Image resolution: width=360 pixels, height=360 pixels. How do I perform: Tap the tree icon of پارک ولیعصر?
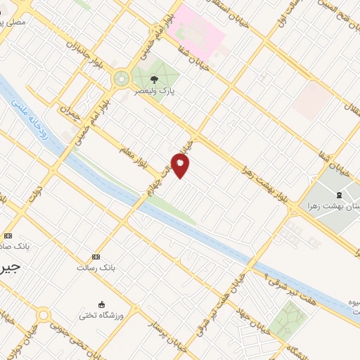coord(154,79)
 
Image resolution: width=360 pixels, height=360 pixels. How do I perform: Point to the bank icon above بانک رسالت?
coord(96,257)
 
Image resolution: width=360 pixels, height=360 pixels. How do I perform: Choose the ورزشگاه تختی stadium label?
coord(101,316)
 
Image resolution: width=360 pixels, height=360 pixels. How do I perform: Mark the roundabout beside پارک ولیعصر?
coord(122,77)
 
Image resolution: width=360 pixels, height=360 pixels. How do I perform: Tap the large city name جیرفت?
coord(10,268)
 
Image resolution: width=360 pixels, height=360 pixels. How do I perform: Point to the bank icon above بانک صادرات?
coord(8,236)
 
